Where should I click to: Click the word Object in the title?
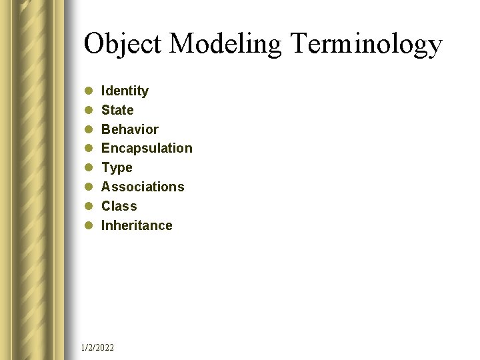point(123,45)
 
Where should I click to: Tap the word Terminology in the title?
point(366,45)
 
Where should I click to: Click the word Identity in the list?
point(125,91)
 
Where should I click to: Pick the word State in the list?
point(117,110)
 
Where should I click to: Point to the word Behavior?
point(129,129)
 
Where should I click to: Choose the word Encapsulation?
point(147,148)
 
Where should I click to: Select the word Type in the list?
point(117,167)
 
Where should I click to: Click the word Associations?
point(143,187)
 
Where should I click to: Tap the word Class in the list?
point(119,206)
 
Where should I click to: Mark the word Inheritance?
point(137,225)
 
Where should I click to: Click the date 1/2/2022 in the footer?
point(97,347)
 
